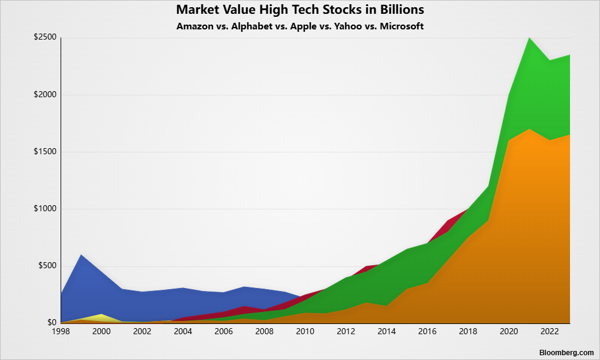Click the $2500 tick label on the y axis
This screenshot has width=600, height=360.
click(45, 37)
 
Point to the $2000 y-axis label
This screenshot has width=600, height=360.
click(45, 95)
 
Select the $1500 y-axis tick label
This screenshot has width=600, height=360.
click(45, 152)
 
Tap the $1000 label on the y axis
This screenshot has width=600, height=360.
click(45, 209)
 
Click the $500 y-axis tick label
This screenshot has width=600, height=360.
click(47, 266)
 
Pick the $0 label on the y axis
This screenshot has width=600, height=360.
click(51, 323)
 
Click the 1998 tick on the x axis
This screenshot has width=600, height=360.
click(61, 331)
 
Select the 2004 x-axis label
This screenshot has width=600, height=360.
click(182, 331)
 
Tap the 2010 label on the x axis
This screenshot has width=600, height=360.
click(305, 331)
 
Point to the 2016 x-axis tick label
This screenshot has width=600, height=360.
click(427, 331)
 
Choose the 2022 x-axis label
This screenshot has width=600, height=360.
click(549, 331)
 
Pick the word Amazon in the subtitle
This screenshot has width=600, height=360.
click(194, 26)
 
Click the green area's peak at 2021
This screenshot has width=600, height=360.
click(529, 38)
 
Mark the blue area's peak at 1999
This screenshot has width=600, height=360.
click(81, 256)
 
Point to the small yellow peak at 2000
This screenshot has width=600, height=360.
click(101, 314)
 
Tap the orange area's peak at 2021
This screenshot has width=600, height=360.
click(529, 130)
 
